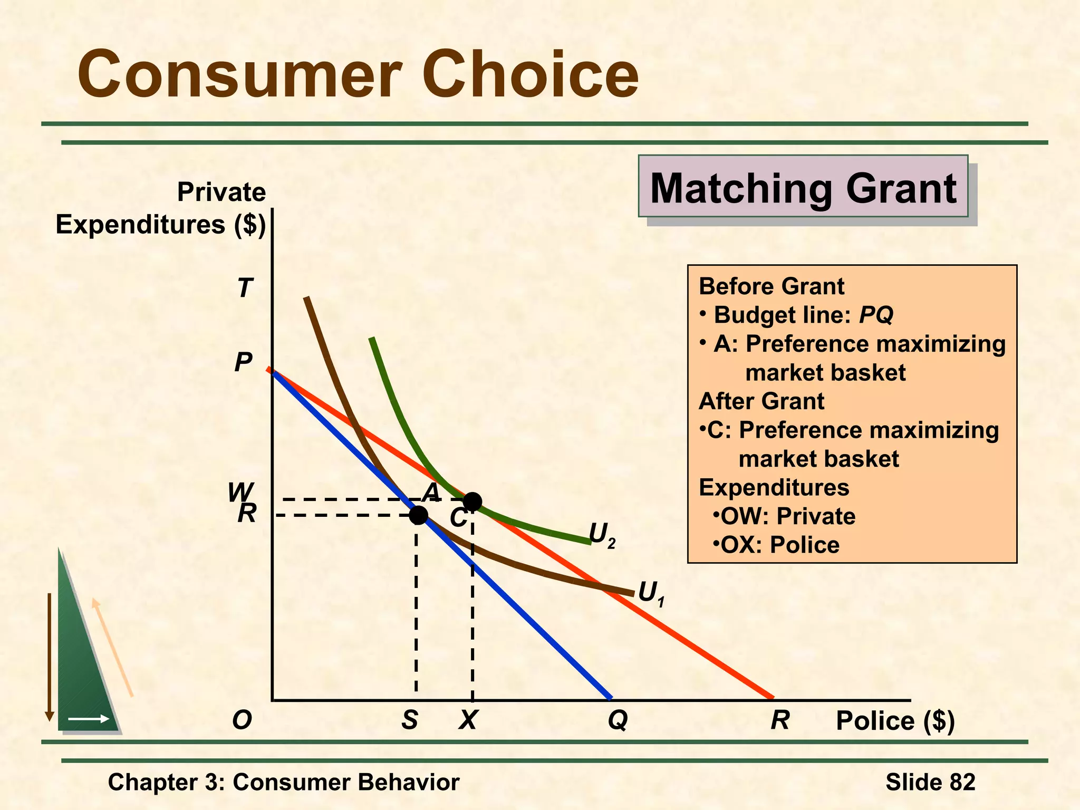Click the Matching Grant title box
pyautogui.click(x=803, y=187)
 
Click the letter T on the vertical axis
pyautogui.click(x=245, y=288)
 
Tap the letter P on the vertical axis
pyautogui.click(x=243, y=362)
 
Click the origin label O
pyautogui.click(x=242, y=720)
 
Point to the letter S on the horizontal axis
pyautogui.click(x=410, y=720)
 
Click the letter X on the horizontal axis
pyautogui.click(x=468, y=720)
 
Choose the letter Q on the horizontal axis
pyautogui.click(x=618, y=720)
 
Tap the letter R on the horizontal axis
pyautogui.click(x=780, y=720)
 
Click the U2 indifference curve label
pyautogui.click(x=602, y=535)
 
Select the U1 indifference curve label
pyautogui.click(x=651, y=593)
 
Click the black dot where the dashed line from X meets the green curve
pyautogui.click(x=472, y=502)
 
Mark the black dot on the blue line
pyautogui.click(x=418, y=515)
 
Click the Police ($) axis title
pyautogui.click(x=895, y=721)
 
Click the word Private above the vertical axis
pyautogui.click(x=221, y=192)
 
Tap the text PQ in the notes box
pyautogui.click(x=876, y=315)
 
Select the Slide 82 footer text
pyautogui.click(x=930, y=782)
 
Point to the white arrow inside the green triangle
pyautogui.click(x=89, y=719)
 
